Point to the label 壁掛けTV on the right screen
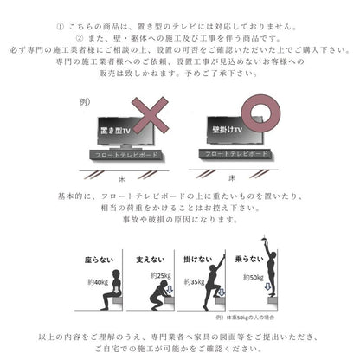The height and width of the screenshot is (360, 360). point(223,131)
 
